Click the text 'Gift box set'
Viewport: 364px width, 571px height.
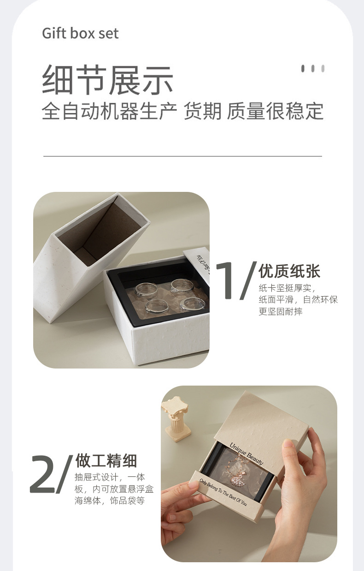tap(80, 34)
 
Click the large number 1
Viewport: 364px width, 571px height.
tap(227, 281)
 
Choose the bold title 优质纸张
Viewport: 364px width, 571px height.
tap(289, 271)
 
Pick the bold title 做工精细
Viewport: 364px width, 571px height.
tap(106, 461)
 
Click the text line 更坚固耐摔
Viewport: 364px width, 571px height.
tap(281, 312)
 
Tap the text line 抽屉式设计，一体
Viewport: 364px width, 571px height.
tap(110, 477)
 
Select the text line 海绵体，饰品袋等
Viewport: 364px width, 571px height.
tap(110, 500)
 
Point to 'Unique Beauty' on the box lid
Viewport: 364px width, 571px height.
tap(247, 453)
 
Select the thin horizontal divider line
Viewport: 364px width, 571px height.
tap(182, 156)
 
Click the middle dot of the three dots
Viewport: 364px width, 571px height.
tap(313, 69)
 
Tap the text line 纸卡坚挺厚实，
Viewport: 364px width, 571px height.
tap(287, 289)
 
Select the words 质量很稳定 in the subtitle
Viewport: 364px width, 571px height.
tap(275, 111)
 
